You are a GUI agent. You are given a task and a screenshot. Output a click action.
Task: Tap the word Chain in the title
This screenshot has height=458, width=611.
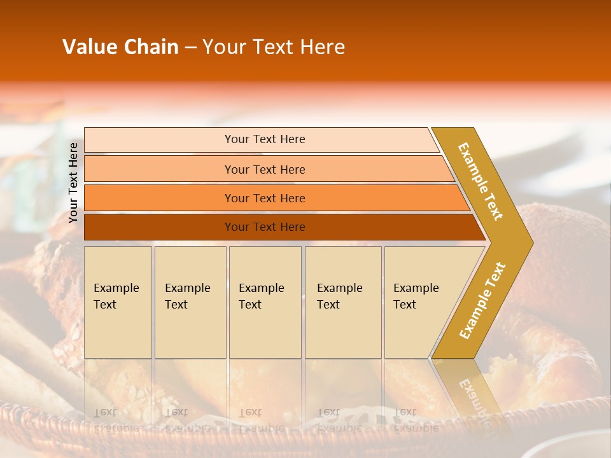click(151, 47)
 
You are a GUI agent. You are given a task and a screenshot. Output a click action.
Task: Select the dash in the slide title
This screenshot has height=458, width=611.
click(190, 48)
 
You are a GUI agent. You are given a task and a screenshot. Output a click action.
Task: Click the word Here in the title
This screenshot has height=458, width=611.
click(322, 47)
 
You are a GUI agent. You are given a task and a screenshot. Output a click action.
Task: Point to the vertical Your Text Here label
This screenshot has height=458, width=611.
click(73, 183)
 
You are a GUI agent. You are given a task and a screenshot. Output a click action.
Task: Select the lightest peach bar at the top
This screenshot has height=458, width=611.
click(264, 139)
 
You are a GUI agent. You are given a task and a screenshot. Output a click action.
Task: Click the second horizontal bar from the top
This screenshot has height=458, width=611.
click(264, 169)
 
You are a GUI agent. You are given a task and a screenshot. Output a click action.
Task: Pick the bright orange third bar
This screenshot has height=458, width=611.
click(264, 198)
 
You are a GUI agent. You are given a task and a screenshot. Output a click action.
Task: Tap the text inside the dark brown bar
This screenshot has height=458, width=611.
click(264, 227)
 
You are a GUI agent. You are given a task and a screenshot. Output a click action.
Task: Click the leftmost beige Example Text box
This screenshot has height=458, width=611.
click(118, 302)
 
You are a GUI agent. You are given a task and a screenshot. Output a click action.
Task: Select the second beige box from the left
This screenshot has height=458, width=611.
click(190, 302)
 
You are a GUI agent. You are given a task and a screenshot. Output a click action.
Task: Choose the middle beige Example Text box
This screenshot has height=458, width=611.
click(264, 302)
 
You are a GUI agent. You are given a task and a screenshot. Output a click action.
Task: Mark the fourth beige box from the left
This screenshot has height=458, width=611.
click(342, 302)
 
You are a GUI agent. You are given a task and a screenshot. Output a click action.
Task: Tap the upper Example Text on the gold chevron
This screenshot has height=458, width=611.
click(481, 181)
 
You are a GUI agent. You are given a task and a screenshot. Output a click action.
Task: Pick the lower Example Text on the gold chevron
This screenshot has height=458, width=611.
click(482, 301)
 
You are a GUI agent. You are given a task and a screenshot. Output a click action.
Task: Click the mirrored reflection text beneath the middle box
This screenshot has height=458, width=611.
click(260, 420)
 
